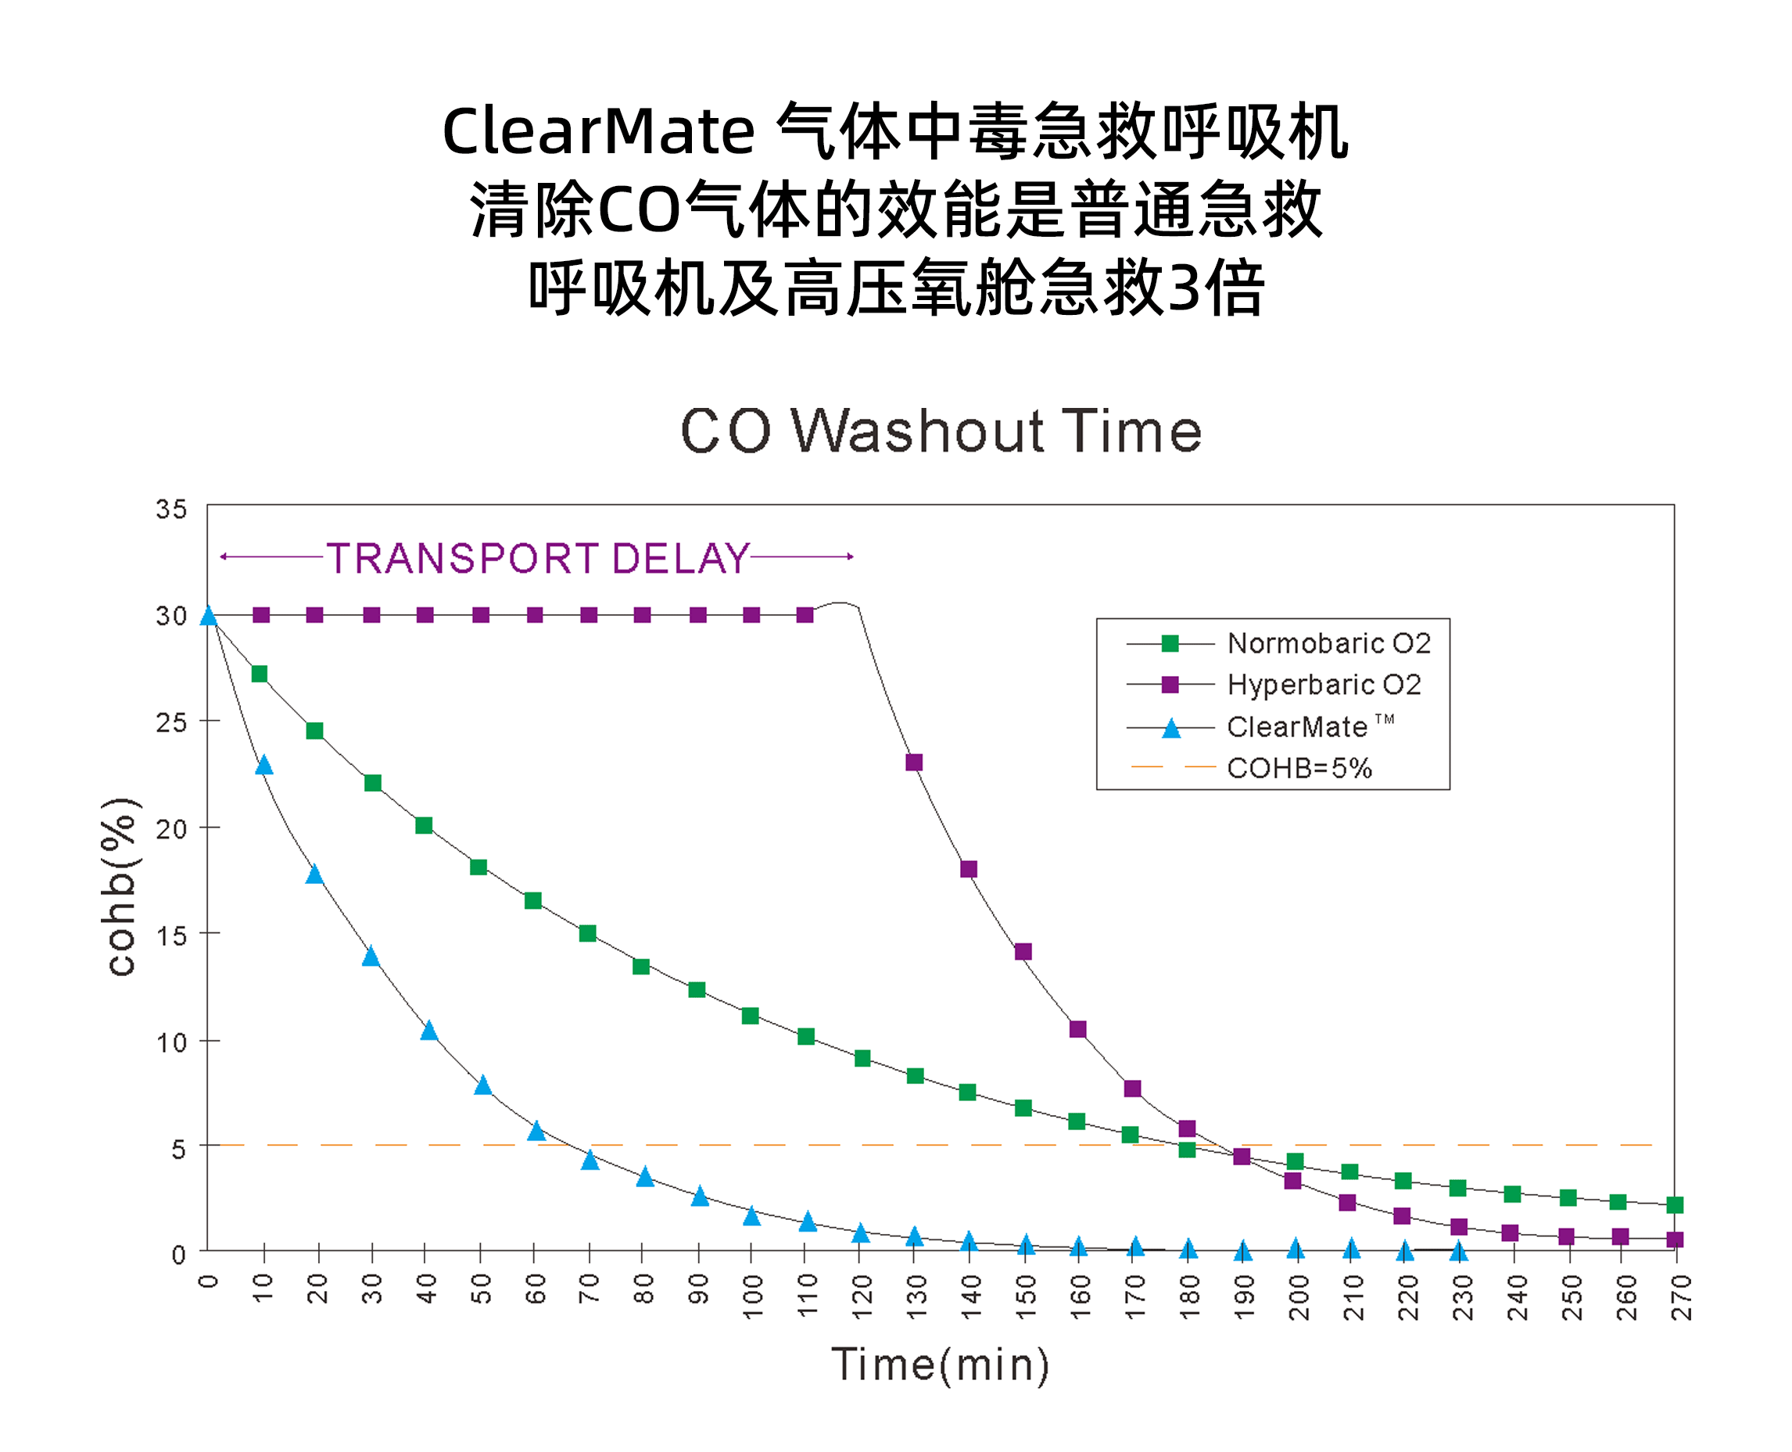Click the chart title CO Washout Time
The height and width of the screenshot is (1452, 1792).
[941, 431]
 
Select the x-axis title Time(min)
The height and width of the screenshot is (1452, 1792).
[940, 1364]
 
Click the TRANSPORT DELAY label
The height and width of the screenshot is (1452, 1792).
[537, 558]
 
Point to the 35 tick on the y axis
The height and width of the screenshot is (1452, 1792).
[171, 509]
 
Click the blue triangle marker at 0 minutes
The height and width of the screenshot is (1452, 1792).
[208, 617]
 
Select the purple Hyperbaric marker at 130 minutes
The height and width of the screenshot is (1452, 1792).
[913, 762]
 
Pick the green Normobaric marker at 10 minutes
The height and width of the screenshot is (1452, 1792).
[260, 674]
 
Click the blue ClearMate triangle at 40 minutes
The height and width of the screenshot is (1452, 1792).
[428, 1031]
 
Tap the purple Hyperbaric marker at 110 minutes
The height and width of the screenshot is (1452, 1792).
[805, 615]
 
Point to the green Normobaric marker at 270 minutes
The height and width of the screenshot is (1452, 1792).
[1674, 1204]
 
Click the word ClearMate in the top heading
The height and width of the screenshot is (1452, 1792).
[598, 131]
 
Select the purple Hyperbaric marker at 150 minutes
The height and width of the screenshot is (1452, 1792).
[1023, 951]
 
